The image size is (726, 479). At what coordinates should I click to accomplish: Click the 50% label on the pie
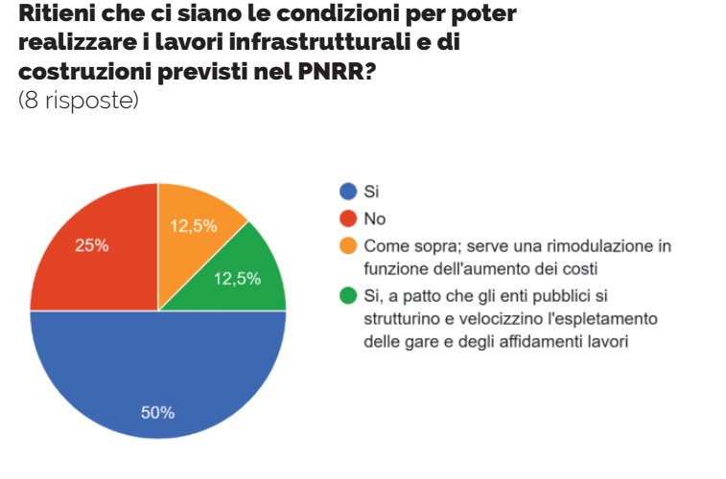158,413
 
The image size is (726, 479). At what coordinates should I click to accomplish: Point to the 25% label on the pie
92,245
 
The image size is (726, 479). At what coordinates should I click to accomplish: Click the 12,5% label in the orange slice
194,227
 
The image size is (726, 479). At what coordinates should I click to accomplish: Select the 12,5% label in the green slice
237,279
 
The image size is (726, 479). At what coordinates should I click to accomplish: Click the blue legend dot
349,192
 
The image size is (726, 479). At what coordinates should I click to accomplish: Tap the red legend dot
349,217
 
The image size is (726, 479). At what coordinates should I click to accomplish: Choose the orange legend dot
349,244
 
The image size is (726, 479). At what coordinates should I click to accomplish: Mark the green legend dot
349,294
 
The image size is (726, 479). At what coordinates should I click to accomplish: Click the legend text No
375,218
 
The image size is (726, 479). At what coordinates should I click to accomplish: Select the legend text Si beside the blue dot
372,192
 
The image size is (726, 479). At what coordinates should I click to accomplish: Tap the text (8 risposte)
79,100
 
